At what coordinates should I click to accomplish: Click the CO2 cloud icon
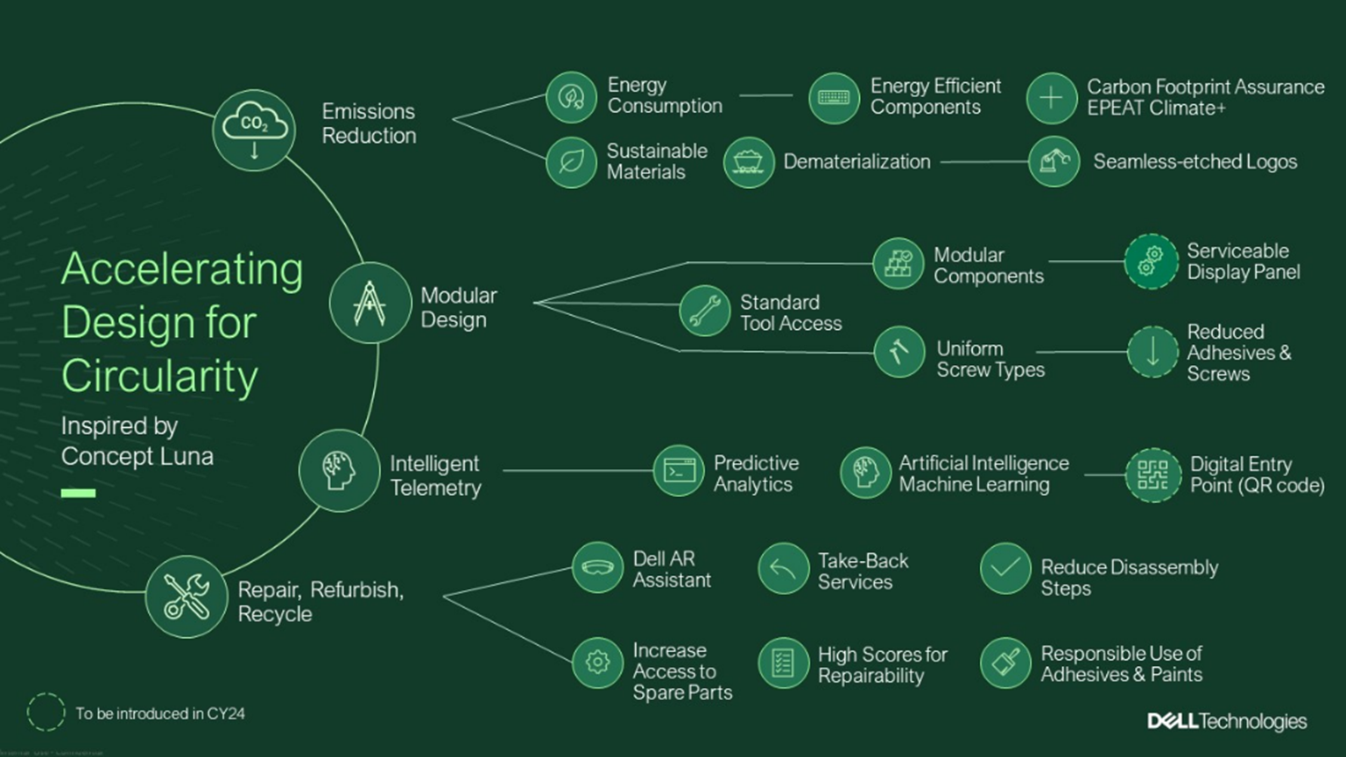click(254, 130)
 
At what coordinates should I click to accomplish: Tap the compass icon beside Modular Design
click(370, 303)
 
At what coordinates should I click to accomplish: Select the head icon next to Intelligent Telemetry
click(339, 470)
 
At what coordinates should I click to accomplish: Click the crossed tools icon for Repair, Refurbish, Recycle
click(186, 596)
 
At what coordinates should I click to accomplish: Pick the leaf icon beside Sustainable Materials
click(571, 162)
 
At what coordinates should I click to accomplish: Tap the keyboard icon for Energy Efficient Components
click(833, 98)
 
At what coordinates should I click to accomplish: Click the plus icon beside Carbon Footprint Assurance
click(1051, 98)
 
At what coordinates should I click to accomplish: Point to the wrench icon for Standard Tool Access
click(704, 311)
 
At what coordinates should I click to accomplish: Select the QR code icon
click(1152, 474)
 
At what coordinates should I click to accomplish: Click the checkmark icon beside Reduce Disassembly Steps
click(1005, 568)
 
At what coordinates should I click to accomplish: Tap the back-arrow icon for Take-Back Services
click(782, 569)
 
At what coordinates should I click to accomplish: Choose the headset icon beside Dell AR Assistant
click(597, 568)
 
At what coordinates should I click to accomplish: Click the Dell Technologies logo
click(1226, 721)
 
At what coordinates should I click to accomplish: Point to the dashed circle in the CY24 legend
click(46, 712)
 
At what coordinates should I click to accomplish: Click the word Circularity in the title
click(159, 376)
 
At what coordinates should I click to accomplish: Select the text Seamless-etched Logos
click(1194, 162)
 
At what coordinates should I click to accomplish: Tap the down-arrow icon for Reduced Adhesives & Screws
click(1152, 352)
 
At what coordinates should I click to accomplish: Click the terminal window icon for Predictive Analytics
click(679, 471)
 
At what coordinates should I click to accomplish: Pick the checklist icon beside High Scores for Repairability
click(782, 662)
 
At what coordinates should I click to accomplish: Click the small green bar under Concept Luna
click(78, 494)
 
